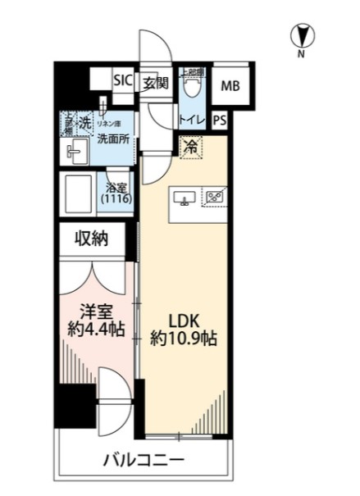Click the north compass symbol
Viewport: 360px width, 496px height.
coord(301,37)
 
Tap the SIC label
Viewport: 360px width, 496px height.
coord(122,80)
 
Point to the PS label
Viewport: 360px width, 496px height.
coord(219,120)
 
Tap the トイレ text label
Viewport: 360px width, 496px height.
coord(191,120)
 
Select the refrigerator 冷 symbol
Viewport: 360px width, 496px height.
coord(190,148)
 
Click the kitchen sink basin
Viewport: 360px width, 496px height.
coord(182,198)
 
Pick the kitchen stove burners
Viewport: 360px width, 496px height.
coord(216,198)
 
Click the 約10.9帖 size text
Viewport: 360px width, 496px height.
coord(183,337)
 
